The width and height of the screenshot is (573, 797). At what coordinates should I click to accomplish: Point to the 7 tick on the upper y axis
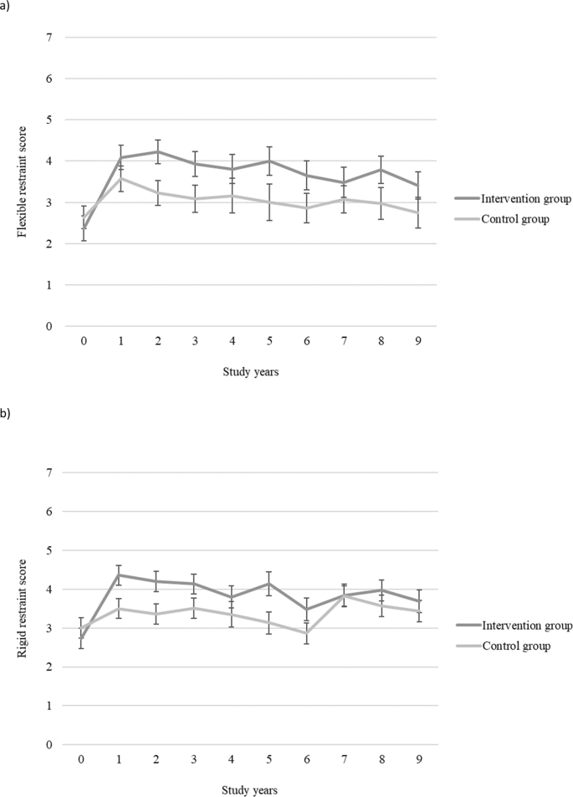click(49, 38)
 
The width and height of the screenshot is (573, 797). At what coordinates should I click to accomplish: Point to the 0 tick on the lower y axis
click(49, 744)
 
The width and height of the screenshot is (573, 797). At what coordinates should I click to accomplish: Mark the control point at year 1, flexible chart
click(120, 178)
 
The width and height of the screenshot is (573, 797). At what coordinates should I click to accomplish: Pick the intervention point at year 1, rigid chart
click(120, 575)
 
